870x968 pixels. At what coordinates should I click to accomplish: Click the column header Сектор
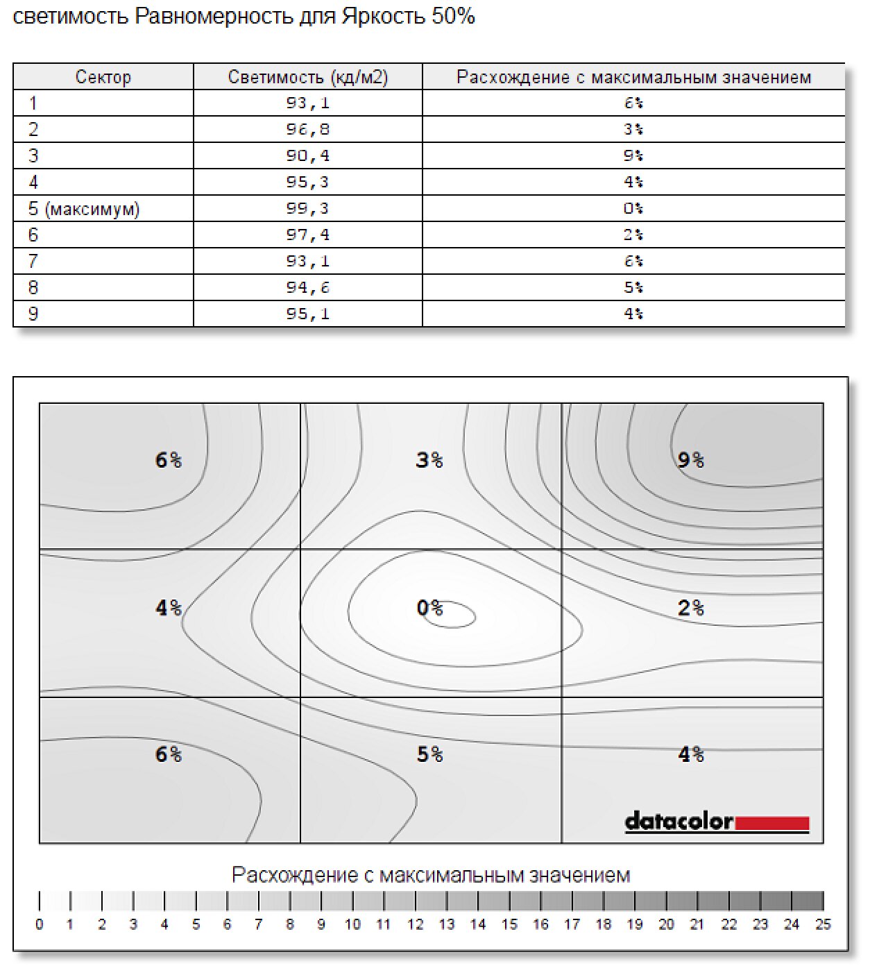pyautogui.click(x=103, y=77)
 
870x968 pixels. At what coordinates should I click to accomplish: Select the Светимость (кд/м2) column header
pyautogui.click(x=307, y=77)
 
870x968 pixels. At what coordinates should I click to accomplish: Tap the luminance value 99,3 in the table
pyautogui.click(x=307, y=208)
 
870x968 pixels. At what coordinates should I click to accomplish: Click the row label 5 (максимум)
pyautogui.click(x=84, y=208)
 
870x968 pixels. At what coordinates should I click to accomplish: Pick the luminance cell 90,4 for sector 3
pyautogui.click(x=307, y=155)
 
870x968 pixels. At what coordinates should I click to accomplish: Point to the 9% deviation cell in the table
pyautogui.click(x=633, y=155)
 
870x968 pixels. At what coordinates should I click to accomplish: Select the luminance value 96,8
pyautogui.click(x=307, y=129)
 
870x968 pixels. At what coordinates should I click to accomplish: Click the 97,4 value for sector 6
pyautogui.click(x=307, y=235)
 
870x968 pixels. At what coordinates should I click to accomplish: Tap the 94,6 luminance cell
pyautogui.click(x=307, y=287)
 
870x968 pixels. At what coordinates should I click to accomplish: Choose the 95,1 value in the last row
pyautogui.click(x=307, y=314)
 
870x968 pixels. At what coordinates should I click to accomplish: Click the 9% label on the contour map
pyautogui.click(x=690, y=460)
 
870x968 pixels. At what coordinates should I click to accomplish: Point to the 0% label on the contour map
pyautogui.click(x=429, y=608)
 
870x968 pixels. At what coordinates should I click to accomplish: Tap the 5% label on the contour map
pyautogui.click(x=429, y=754)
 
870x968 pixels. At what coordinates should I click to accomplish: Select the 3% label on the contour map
pyautogui.click(x=429, y=460)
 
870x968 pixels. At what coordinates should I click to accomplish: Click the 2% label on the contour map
pyautogui.click(x=690, y=608)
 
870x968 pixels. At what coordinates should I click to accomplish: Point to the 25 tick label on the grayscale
pyautogui.click(x=822, y=924)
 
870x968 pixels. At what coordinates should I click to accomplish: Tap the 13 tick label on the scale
pyautogui.click(x=446, y=924)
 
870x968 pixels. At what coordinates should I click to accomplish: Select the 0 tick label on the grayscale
pyautogui.click(x=40, y=924)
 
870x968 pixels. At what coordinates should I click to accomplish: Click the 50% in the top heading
pyautogui.click(x=453, y=16)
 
